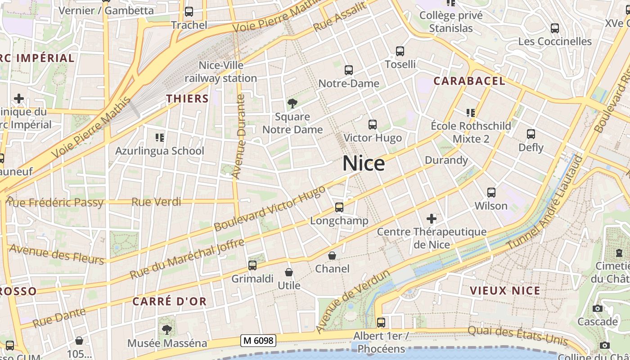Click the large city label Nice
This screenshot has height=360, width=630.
(x=364, y=163)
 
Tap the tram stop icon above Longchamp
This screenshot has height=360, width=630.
(x=339, y=207)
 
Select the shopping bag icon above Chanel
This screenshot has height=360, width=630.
(x=332, y=256)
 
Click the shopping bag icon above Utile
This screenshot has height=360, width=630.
(x=289, y=272)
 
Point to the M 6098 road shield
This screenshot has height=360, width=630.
(x=258, y=341)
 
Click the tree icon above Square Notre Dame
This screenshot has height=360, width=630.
(x=292, y=104)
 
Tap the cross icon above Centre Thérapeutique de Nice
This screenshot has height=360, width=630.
(x=432, y=219)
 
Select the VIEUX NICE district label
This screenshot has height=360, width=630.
(x=505, y=291)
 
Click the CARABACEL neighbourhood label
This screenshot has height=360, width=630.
(x=469, y=81)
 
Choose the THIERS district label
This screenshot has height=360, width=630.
(x=187, y=99)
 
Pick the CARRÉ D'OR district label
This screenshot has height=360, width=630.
(x=170, y=301)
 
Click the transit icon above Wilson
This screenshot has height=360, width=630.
(x=491, y=193)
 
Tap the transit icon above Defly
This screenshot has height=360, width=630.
(x=531, y=134)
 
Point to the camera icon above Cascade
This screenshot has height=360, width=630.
(x=598, y=309)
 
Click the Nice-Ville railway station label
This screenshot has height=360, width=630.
(x=220, y=72)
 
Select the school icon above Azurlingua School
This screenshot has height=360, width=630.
(x=160, y=137)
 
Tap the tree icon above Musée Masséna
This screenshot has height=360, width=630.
(x=167, y=330)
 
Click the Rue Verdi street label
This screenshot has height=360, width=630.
(x=156, y=202)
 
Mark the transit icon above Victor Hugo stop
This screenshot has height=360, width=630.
(x=372, y=125)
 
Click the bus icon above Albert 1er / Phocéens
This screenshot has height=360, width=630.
(x=381, y=323)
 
